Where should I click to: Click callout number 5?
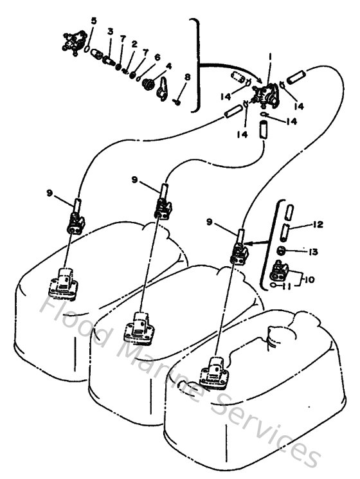coord(94,21)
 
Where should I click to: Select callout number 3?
coord(110,32)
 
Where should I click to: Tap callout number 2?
coord(134,44)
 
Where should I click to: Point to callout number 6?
coord(157,57)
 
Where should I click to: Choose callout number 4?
coord(168,66)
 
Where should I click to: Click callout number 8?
coord(187,78)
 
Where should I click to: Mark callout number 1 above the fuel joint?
coord(271,57)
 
